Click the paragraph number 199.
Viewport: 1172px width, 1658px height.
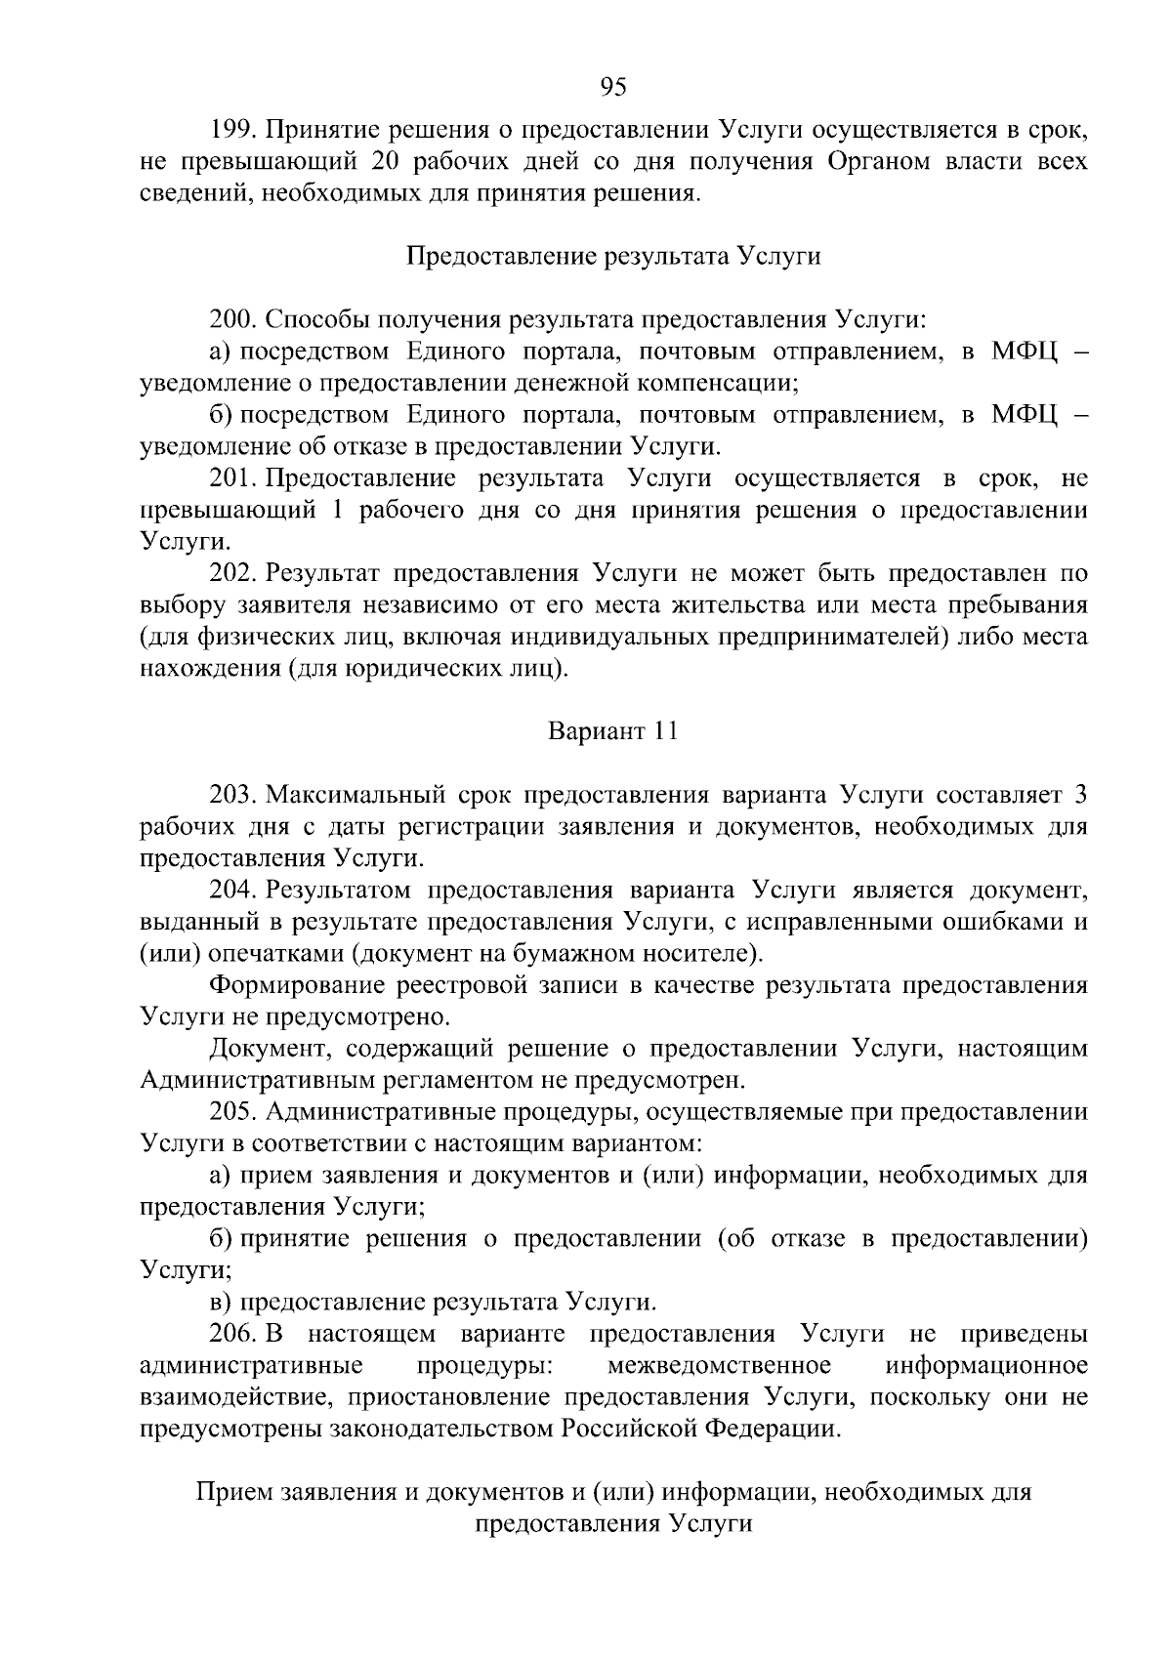231,130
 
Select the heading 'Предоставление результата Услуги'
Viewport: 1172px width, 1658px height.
612,257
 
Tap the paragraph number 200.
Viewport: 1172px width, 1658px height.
231,320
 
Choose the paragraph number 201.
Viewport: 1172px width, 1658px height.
231,478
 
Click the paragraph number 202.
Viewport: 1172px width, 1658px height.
231,573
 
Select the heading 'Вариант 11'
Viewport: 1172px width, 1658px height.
612,731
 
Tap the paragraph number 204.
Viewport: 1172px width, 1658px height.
231,890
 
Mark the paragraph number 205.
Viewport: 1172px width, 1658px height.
231,1111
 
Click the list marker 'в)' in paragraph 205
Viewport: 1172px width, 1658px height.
222,1302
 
